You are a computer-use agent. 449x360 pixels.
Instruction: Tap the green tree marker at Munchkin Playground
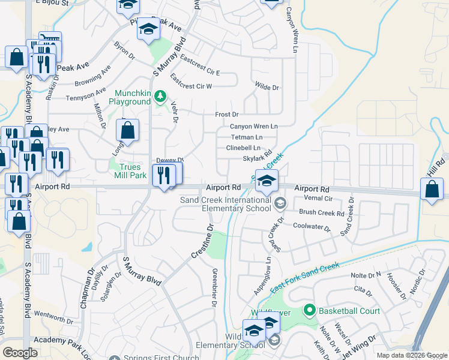click(x=160, y=95)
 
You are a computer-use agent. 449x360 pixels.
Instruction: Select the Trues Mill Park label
click(x=130, y=171)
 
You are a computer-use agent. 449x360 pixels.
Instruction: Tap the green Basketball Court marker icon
click(x=310, y=310)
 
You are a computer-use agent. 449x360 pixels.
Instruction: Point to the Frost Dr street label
click(x=227, y=114)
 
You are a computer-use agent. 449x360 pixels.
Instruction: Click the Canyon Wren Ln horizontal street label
click(x=254, y=127)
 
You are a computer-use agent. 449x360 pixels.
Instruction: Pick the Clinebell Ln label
click(x=243, y=148)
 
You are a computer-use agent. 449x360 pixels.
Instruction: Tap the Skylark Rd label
click(x=258, y=158)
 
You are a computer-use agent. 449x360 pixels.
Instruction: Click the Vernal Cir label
click(x=318, y=198)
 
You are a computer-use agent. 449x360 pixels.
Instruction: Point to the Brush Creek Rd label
click(x=321, y=213)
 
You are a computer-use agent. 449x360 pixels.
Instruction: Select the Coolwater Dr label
click(x=312, y=227)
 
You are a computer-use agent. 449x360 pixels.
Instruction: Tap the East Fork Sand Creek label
click(x=304, y=277)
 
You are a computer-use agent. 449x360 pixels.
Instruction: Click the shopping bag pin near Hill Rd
click(x=432, y=188)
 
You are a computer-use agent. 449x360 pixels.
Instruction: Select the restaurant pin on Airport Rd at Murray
click(x=163, y=175)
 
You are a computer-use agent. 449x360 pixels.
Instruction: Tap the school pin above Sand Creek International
click(x=267, y=179)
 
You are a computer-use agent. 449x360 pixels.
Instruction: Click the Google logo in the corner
click(x=20, y=353)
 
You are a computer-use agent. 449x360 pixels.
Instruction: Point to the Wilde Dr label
click(x=267, y=88)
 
